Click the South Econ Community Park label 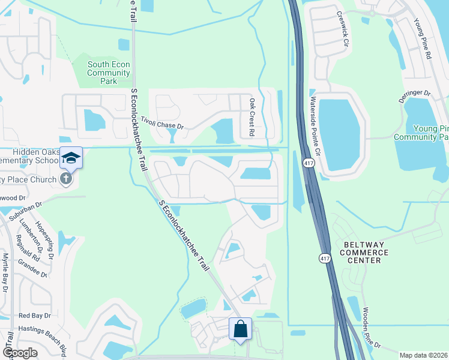coord(109,73)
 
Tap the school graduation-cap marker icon coord(71,158)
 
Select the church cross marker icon coord(65,178)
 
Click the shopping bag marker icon coord(240,329)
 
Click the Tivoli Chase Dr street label coord(162,122)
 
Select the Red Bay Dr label coord(32,315)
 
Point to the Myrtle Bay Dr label coord(5,273)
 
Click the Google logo coord(20,353)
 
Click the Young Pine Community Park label coord(421,133)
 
